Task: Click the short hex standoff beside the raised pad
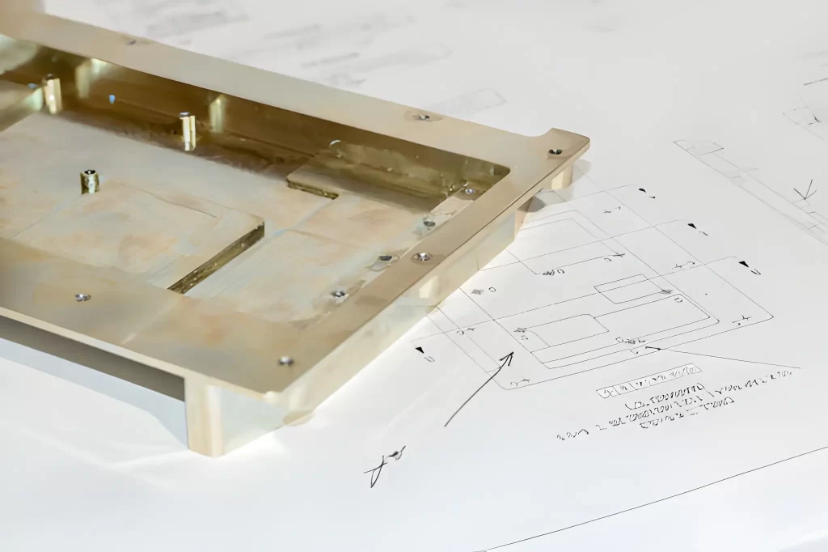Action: pos(89,180)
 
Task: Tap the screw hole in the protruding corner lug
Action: pos(555,151)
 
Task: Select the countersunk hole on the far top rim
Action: pos(421,117)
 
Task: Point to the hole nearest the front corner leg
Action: pos(285,361)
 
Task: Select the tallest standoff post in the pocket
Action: pos(188,131)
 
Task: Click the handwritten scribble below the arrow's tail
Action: pos(386,465)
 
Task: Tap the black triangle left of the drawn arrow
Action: pos(420,350)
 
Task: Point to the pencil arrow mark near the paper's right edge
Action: pos(803,193)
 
